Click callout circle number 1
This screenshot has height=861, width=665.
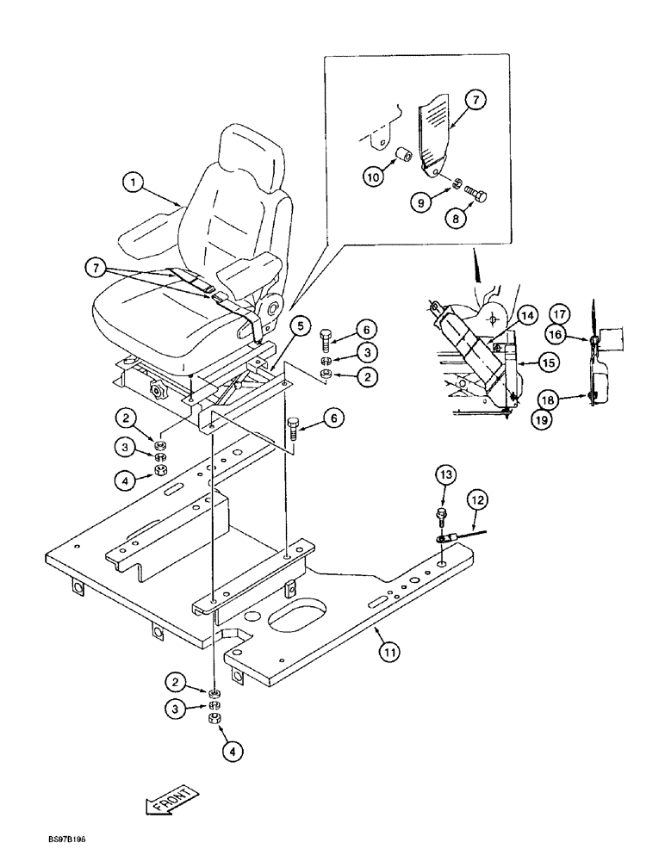(132, 182)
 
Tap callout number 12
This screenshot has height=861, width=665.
(478, 499)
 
